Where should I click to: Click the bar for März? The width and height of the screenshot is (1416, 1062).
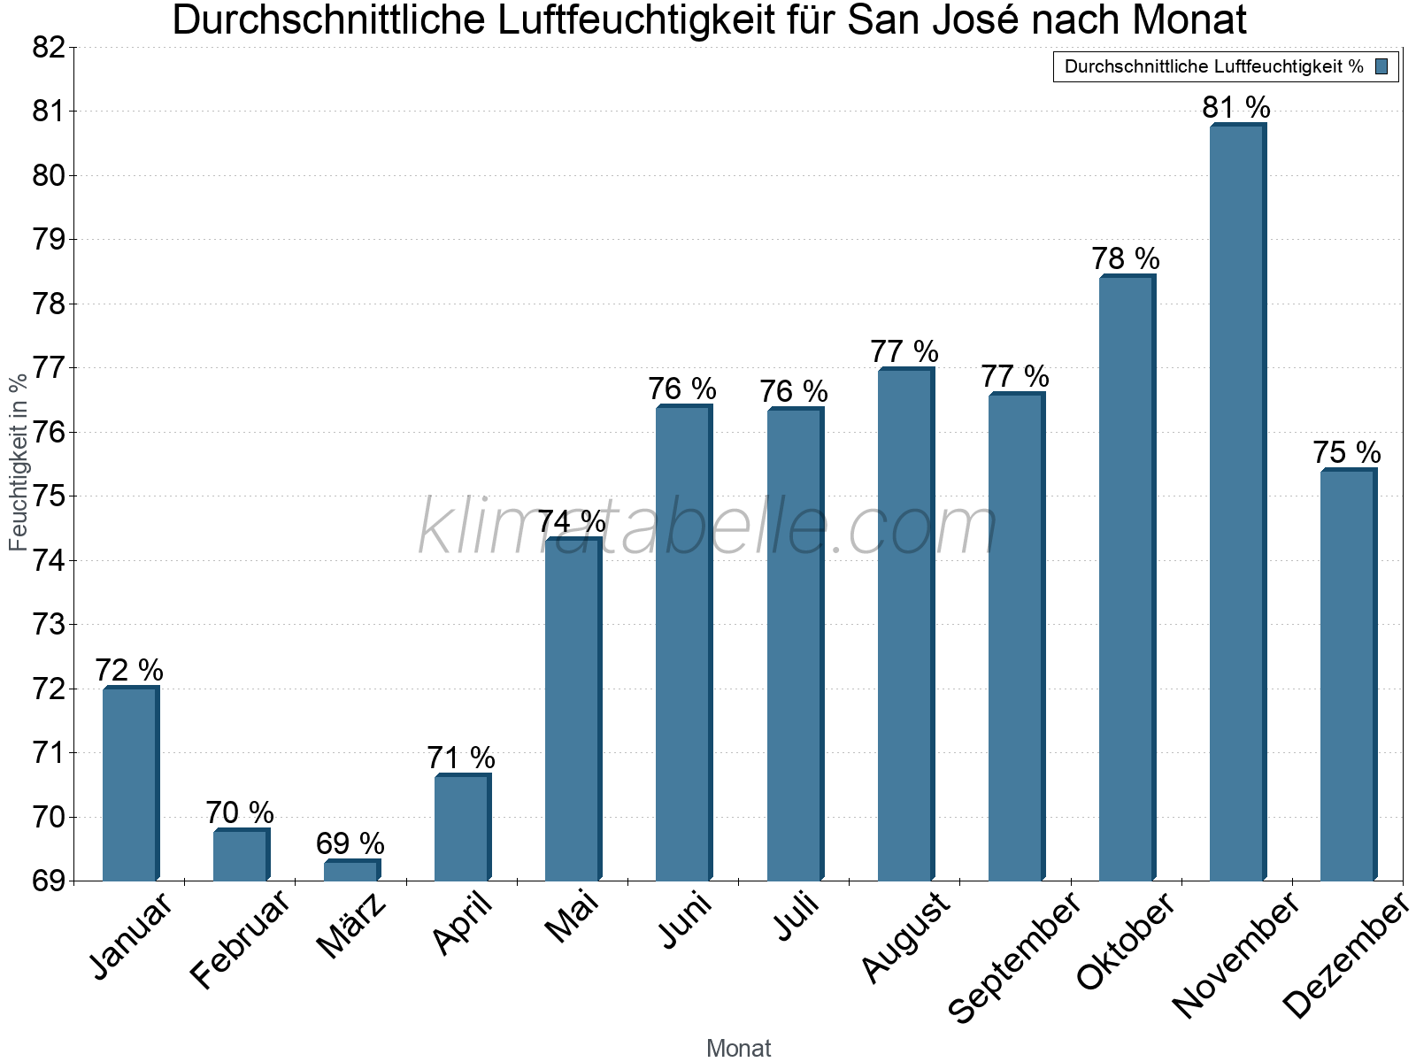click(351, 871)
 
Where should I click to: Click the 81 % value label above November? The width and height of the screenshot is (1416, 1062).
click(1235, 108)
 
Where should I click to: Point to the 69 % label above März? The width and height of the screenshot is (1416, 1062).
click(350, 843)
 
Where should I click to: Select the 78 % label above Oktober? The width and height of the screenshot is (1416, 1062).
click(1125, 259)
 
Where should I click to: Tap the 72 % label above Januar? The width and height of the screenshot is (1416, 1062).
click(129, 671)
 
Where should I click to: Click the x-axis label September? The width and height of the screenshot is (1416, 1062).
click(1014, 956)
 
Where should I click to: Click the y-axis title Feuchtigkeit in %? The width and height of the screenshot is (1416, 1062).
click(19, 461)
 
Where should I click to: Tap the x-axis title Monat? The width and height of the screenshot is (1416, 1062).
click(738, 1048)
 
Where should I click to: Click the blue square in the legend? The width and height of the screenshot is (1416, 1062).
click(1381, 66)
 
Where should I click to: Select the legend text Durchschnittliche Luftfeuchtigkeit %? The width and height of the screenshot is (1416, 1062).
click(1213, 66)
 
